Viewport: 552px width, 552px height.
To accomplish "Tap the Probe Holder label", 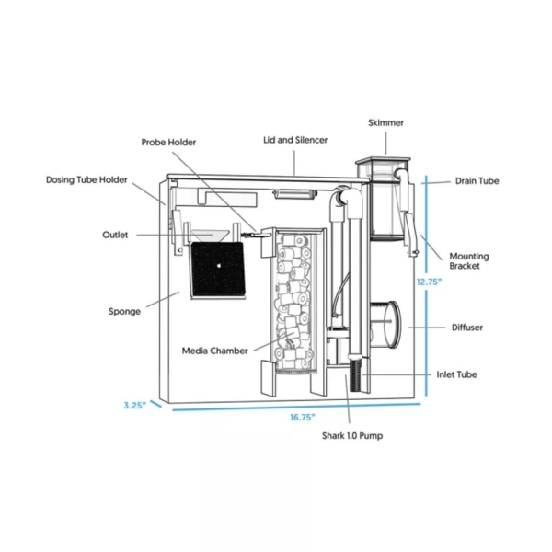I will [168, 143].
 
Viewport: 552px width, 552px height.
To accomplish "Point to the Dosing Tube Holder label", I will [86, 180].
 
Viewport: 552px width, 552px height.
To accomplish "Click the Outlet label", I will [115, 235].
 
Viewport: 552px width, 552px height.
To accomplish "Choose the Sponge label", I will [124, 311].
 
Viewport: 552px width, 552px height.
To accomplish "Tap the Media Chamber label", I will [214, 350].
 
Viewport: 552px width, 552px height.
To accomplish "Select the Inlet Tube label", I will [456, 374].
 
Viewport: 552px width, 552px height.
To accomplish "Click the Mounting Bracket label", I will [468, 261].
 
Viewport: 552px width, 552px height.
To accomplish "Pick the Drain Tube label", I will [477, 181].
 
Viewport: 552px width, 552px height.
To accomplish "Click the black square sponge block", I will [219, 269].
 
